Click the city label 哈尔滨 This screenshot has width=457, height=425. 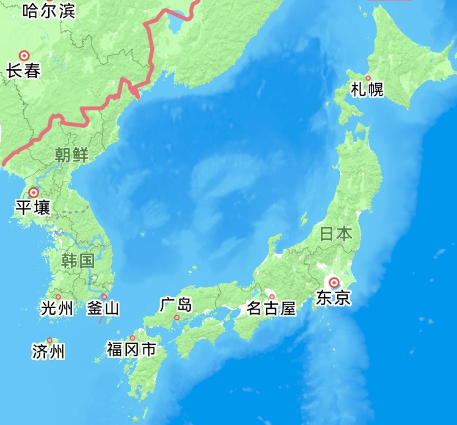pos(49,11)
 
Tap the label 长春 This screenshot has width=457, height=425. pos(23,71)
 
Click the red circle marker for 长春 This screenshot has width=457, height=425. pos(24,55)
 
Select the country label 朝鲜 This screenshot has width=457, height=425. pos(72,155)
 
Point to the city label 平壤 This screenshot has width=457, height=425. pos(33,208)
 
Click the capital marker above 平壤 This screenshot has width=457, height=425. pos(33,193)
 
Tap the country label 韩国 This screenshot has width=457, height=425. pos(77,261)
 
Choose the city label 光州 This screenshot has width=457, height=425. pos(57,308)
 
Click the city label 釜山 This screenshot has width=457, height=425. pos(103,308)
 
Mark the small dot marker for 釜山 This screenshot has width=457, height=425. pos(104,297)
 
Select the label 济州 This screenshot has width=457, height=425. pos(49,351)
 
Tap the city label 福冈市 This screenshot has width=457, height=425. pos(131,350)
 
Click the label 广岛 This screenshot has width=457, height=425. pos(176,304)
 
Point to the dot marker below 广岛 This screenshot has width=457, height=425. pos(177,317)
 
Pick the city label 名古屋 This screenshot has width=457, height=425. pos(271,308)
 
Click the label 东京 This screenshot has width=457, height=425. pos(333,298)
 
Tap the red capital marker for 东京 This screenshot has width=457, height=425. pos(334,282)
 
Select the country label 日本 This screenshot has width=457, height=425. pos(336,234)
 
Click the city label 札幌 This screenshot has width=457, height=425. pos(367,90)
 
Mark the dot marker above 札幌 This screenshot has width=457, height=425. pos(368,78)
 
